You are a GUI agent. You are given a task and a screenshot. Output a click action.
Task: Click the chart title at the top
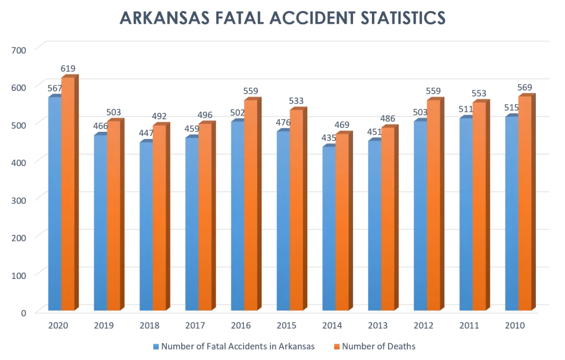(282, 19)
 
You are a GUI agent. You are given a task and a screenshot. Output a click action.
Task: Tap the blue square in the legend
(155, 347)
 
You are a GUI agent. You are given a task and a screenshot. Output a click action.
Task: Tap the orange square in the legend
(334, 347)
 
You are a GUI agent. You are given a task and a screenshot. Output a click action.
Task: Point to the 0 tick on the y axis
(23, 313)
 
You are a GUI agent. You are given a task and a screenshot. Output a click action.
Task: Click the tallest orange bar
(68, 193)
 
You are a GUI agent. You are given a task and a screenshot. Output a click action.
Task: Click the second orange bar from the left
(114, 215)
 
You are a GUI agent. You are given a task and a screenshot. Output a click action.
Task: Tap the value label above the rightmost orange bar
(525, 89)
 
